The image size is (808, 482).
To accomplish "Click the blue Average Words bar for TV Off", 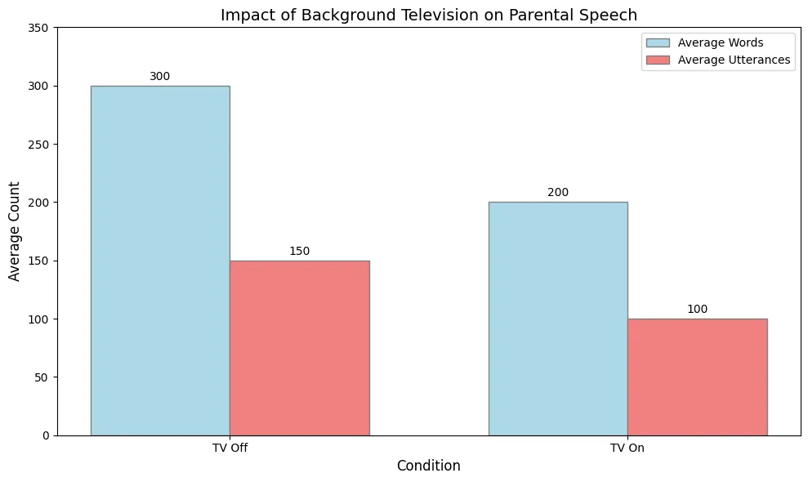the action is pyautogui.click(x=160, y=261).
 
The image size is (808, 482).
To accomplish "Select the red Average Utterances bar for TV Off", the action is pyautogui.click(x=300, y=348).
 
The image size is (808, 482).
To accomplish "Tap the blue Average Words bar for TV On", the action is pyautogui.click(x=558, y=319).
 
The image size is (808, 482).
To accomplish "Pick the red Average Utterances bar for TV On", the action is pyautogui.click(x=698, y=377).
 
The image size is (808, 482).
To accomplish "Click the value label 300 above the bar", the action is pyautogui.click(x=160, y=76).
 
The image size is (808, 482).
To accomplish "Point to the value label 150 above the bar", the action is pyautogui.click(x=299, y=251).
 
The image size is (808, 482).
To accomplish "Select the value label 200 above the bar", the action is pyautogui.click(x=558, y=192).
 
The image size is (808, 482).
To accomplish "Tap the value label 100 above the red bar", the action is pyautogui.click(x=697, y=310).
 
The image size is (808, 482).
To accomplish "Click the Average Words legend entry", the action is pyautogui.click(x=705, y=42).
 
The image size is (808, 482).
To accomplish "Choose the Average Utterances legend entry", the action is pyautogui.click(x=718, y=60).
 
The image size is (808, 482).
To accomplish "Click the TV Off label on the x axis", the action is pyautogui.click(x=230, y=448).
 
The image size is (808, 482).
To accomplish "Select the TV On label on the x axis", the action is pyautogui.click(x=627, y=448).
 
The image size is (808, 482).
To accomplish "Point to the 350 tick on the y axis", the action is pyautogui.click(x=38, y=28).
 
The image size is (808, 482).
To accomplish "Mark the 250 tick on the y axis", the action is pyautogui.click(x=38, y=145).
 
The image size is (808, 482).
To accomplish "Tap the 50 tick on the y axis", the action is pyautogui.click(x=42, y=377).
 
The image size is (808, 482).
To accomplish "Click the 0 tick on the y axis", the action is pyautogui.click(x=46, y=435).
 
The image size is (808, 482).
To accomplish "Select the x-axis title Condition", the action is pyautogui.click(x=429, y=466).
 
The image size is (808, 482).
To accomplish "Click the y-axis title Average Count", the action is pyautogui.click(x=14, y=231).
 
